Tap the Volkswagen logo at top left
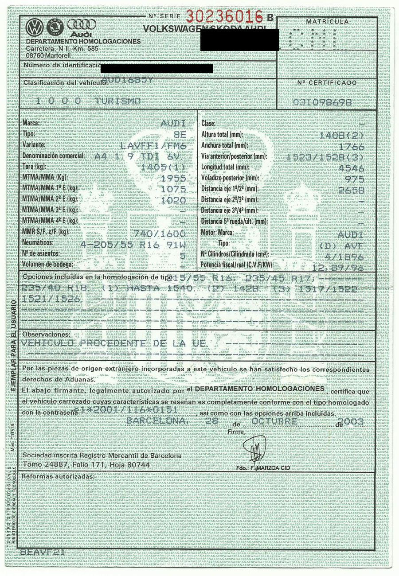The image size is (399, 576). coord(34,28)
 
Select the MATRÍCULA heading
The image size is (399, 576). coord(327,22)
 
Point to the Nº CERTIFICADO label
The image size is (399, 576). coord(327,83)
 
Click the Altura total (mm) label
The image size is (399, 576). coord(222,134)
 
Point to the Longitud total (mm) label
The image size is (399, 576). coord(225,167)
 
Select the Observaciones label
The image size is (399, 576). coord(46,334)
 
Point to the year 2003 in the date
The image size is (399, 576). coord(350,422)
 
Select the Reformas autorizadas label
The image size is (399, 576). coord(58,476)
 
